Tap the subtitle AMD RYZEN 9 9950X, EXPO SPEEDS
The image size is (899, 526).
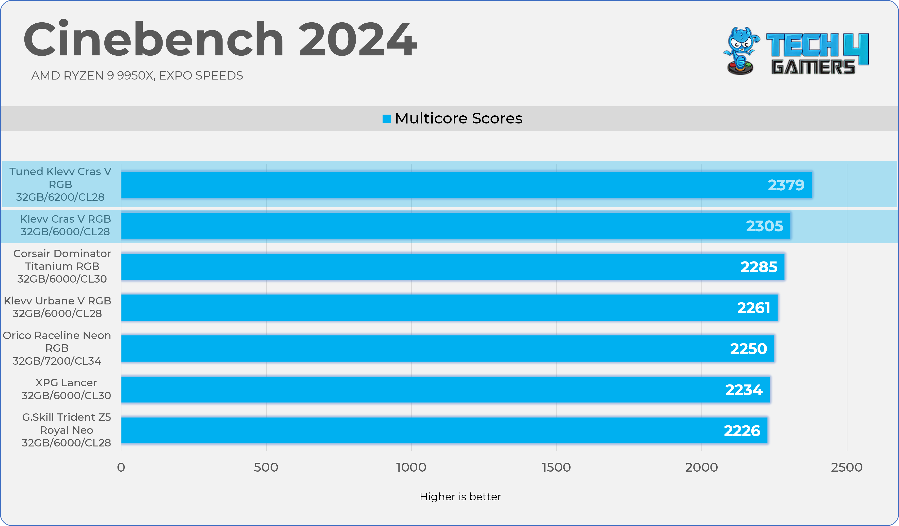coord(137,76)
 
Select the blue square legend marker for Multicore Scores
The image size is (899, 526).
coord(386,118)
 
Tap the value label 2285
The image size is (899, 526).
coord(759,267)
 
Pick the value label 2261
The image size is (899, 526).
coord(753,308)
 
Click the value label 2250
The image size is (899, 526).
coord(748,349)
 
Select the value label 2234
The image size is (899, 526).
coord(744,390)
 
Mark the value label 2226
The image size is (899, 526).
coord(742,431)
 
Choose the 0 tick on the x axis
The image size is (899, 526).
coord(121,467)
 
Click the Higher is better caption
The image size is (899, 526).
coord(460,497)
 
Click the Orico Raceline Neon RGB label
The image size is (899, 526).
coord(57,348)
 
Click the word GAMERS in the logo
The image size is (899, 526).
coord(813,67)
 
